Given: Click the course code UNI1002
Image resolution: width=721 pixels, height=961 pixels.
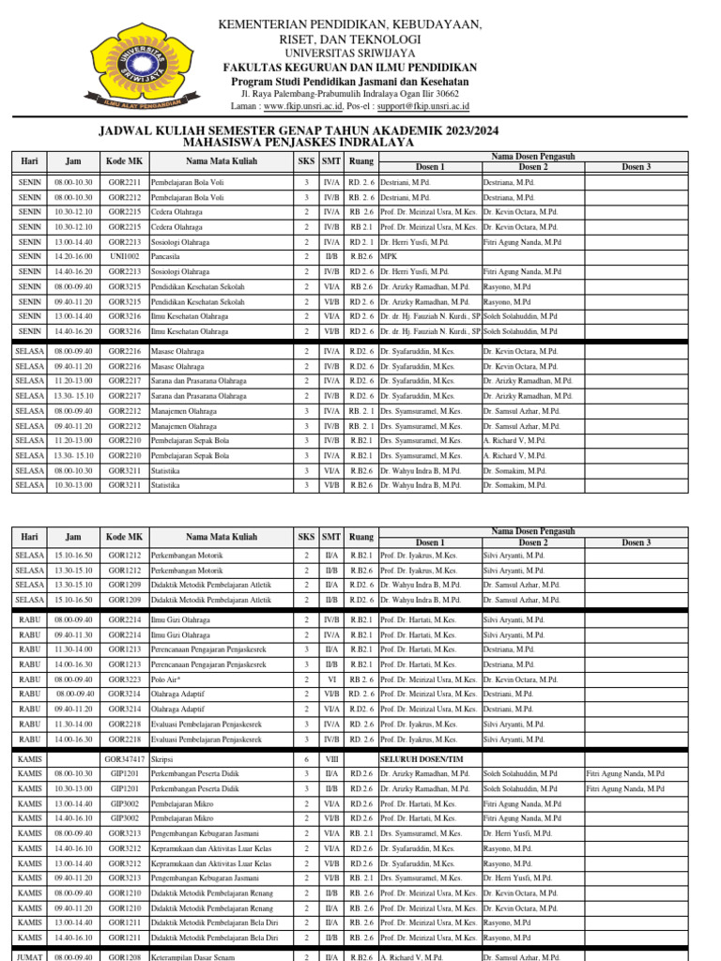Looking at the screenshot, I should coord(124,255).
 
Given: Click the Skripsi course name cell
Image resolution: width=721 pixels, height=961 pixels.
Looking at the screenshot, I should coord(162,757).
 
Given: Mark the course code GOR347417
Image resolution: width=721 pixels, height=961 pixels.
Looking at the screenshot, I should coord(124,757).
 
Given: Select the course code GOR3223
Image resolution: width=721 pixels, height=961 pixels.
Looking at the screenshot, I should coord(124,679).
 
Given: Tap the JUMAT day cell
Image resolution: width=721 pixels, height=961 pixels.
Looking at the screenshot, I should coord(29,955).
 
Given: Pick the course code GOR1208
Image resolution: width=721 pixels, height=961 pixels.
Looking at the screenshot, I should coord(124,955).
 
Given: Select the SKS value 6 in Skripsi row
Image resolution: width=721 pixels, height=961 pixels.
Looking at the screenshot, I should coord(306,757).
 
